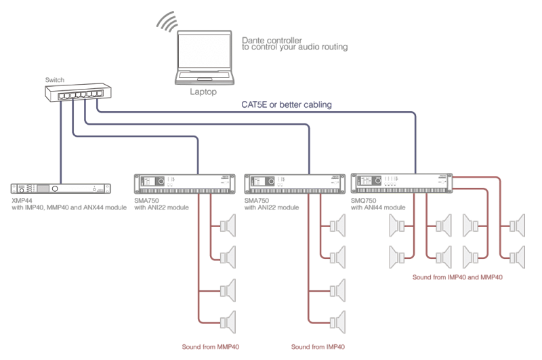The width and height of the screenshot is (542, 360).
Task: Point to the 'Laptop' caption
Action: tap(203, 92)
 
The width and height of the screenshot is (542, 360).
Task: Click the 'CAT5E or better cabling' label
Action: tap(287, 105)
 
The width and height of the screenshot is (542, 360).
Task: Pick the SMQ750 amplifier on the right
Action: tap(400, 182)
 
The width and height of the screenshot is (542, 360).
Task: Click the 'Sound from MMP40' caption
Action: tap(211, 346)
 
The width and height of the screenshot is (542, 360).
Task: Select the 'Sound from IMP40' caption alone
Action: tap(318, 346)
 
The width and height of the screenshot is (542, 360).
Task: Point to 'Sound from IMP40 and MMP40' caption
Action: tap(458, 277)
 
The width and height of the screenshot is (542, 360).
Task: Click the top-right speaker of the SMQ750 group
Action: tap(516, 224)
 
